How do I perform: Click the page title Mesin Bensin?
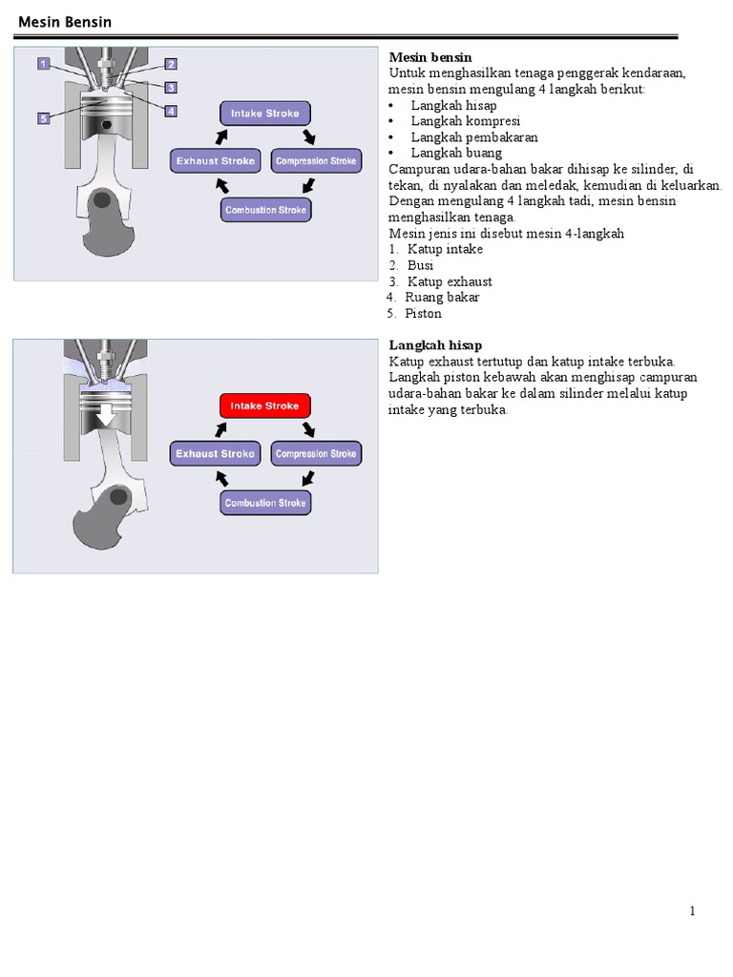(65, 22)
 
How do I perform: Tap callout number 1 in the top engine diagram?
(44, 64)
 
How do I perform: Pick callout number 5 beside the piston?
(44, 118)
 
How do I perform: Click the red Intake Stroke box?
(265, 405)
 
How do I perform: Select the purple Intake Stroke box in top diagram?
(265, 114)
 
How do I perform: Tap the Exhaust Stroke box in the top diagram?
(215, 160)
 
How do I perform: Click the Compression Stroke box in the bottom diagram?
(316, 453)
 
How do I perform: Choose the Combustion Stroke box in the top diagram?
(265, 210)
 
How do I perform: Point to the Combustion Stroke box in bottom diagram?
(265, 503)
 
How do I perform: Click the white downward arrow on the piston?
(106, 415)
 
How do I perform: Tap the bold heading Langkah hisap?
(435, 345)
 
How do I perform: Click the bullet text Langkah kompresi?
(465, 121)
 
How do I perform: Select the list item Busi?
(420, 265)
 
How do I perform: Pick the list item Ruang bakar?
(442, 298)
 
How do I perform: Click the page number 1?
(693, 911)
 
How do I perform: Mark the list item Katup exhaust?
(450, 281)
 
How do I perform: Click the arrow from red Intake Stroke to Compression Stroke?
(308, 430)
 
